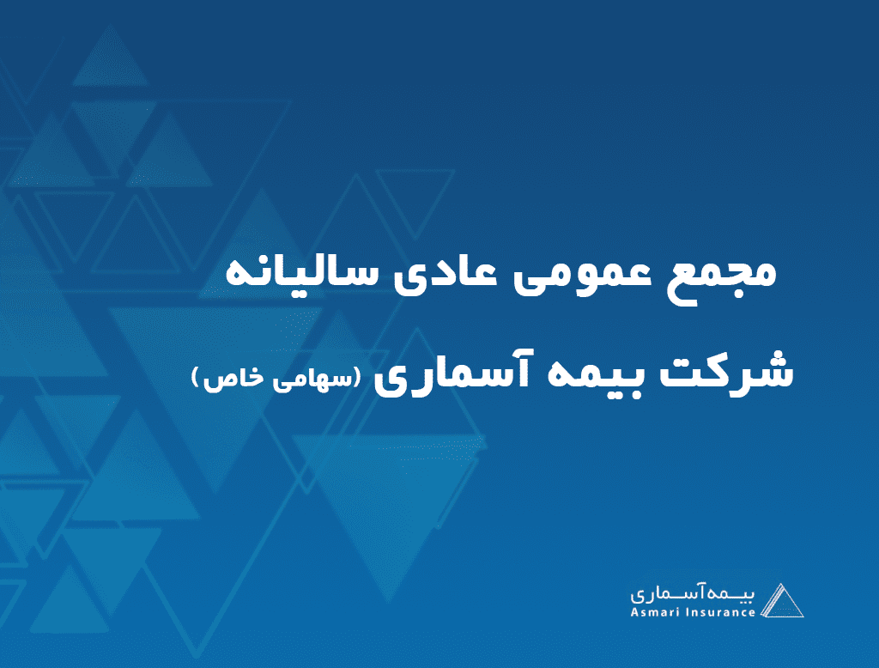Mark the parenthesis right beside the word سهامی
coord(356,378)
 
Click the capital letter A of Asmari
coord(634,612)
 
